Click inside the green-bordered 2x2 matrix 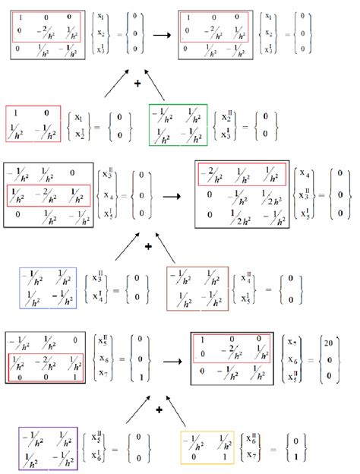tap(178, 124)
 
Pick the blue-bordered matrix tap(48, 289)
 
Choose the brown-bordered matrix tap(197, 289)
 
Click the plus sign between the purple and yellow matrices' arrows tap(159, 409)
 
